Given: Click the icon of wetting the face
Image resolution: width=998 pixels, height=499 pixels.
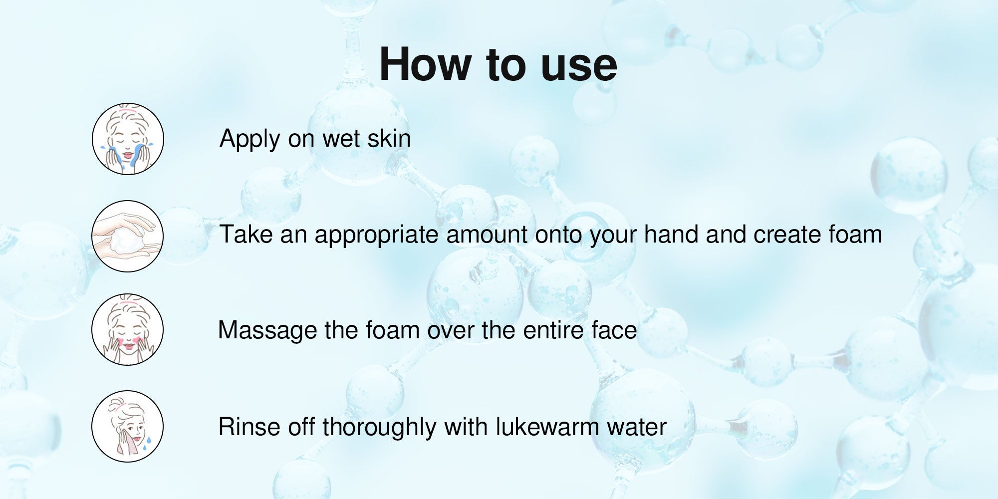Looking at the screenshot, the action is pyautogui.click(x=128, y=139).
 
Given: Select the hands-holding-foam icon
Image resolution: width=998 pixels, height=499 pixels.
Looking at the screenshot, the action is pyautogui.click(x=128, y=236).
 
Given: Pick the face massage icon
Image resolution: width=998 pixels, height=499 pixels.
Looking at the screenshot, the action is pyautogui.click(x=128, y=329).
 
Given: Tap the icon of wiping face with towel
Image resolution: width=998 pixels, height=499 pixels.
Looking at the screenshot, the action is pyautogui.click(x=128, y=426).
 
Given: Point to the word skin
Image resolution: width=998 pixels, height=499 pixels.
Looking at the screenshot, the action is pyautogui.click(x=389, y=138).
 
